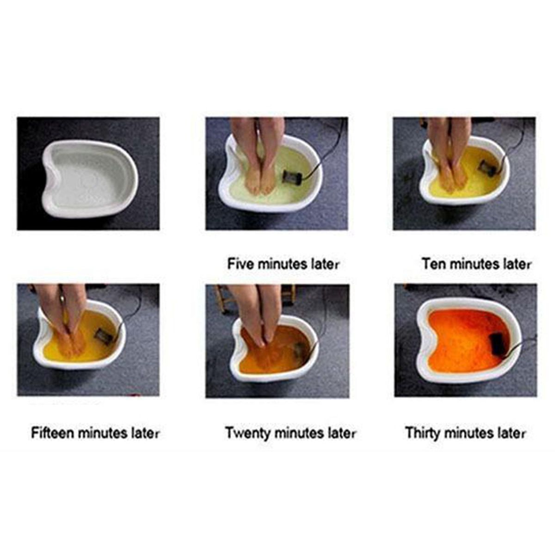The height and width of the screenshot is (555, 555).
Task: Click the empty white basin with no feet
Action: click(90, 179)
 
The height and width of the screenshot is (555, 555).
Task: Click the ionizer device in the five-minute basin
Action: click(292, 176)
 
